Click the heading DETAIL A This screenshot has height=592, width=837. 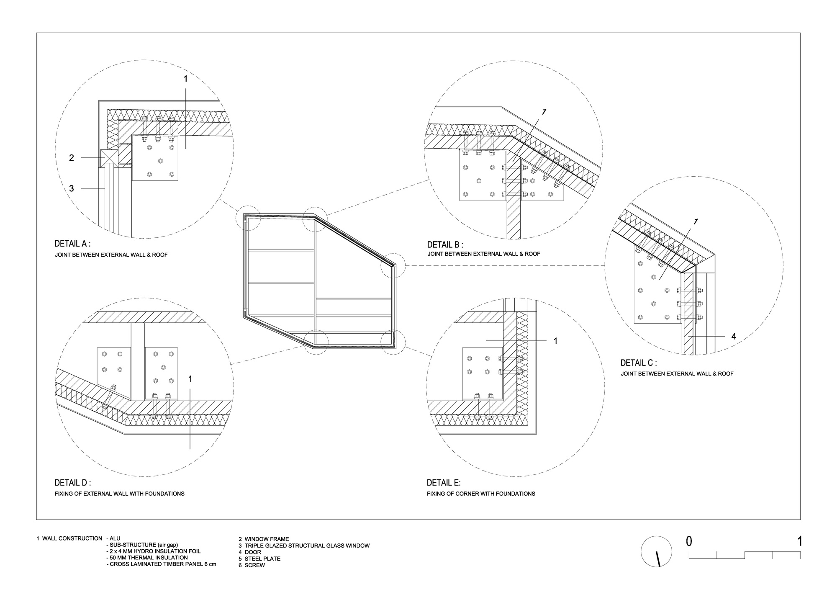pyautogui.click(x=72, y=244)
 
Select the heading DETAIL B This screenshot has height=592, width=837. pyautogui.click(x=445, y=245)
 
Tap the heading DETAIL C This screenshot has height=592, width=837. pyautogui.click(x=639, y=363)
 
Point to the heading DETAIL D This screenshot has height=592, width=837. pyautogui.click(x=73, y=483)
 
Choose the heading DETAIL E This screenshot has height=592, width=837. pyautogui.click(x=444, y=483)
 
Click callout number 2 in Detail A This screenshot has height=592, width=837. pyautogui.click(x=72, y=158)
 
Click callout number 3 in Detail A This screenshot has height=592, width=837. pyautogui.click(x=72, y=188)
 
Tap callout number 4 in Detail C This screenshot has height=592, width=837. pyautogui.click(x=734, y=336)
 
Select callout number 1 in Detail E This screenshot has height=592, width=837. pyautogui.click(x=555, y=341)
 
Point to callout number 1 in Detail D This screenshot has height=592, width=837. pyautogui.click(x=190, y=379)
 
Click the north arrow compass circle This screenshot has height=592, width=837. pyautogui.click(x=657, y=551)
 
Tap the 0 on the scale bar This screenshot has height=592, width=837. pyautogui.click(x=689, y=541)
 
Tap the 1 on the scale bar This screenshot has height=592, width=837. pyautogui.click(x=800, y=541)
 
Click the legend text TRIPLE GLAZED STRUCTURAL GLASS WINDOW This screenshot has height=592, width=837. pyautogui.click(x=307, y=546)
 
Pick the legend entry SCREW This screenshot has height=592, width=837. pyautogui.click(x=255, y=565)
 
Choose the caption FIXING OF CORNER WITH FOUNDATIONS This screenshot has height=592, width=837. pyautogui.click(x=481, y=494)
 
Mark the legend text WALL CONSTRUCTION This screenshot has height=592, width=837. pyautogui.click(x=72, y=538)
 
